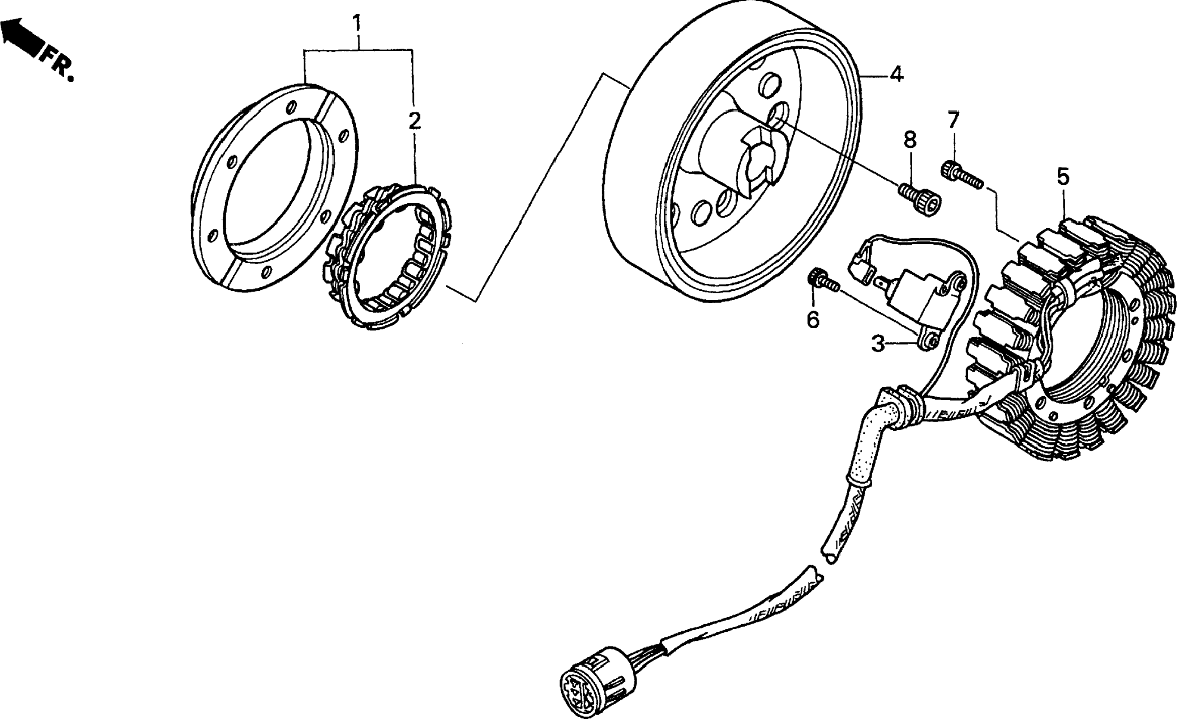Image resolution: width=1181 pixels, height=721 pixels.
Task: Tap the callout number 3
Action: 878,344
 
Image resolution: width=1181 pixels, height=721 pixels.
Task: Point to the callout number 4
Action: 896,75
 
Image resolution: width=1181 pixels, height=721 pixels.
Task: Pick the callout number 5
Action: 1063,177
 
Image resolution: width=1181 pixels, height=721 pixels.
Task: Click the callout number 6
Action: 813,319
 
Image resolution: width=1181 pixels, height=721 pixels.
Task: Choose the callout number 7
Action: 953,120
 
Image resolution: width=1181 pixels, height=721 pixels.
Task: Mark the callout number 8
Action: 910,140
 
